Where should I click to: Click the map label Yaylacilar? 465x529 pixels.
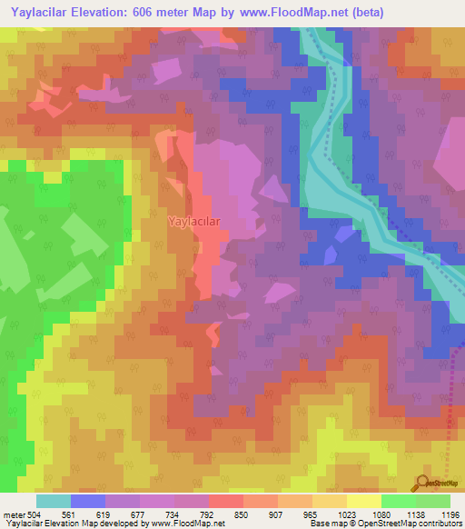point(193,221)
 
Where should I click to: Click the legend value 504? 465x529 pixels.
point(33,514)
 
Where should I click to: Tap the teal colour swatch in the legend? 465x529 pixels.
point(53,501)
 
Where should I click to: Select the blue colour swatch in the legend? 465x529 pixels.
point(87,501)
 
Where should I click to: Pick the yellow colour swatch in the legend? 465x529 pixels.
point(363,501)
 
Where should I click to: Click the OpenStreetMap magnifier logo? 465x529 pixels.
point(424,483)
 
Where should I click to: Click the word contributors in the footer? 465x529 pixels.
point(440,524)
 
